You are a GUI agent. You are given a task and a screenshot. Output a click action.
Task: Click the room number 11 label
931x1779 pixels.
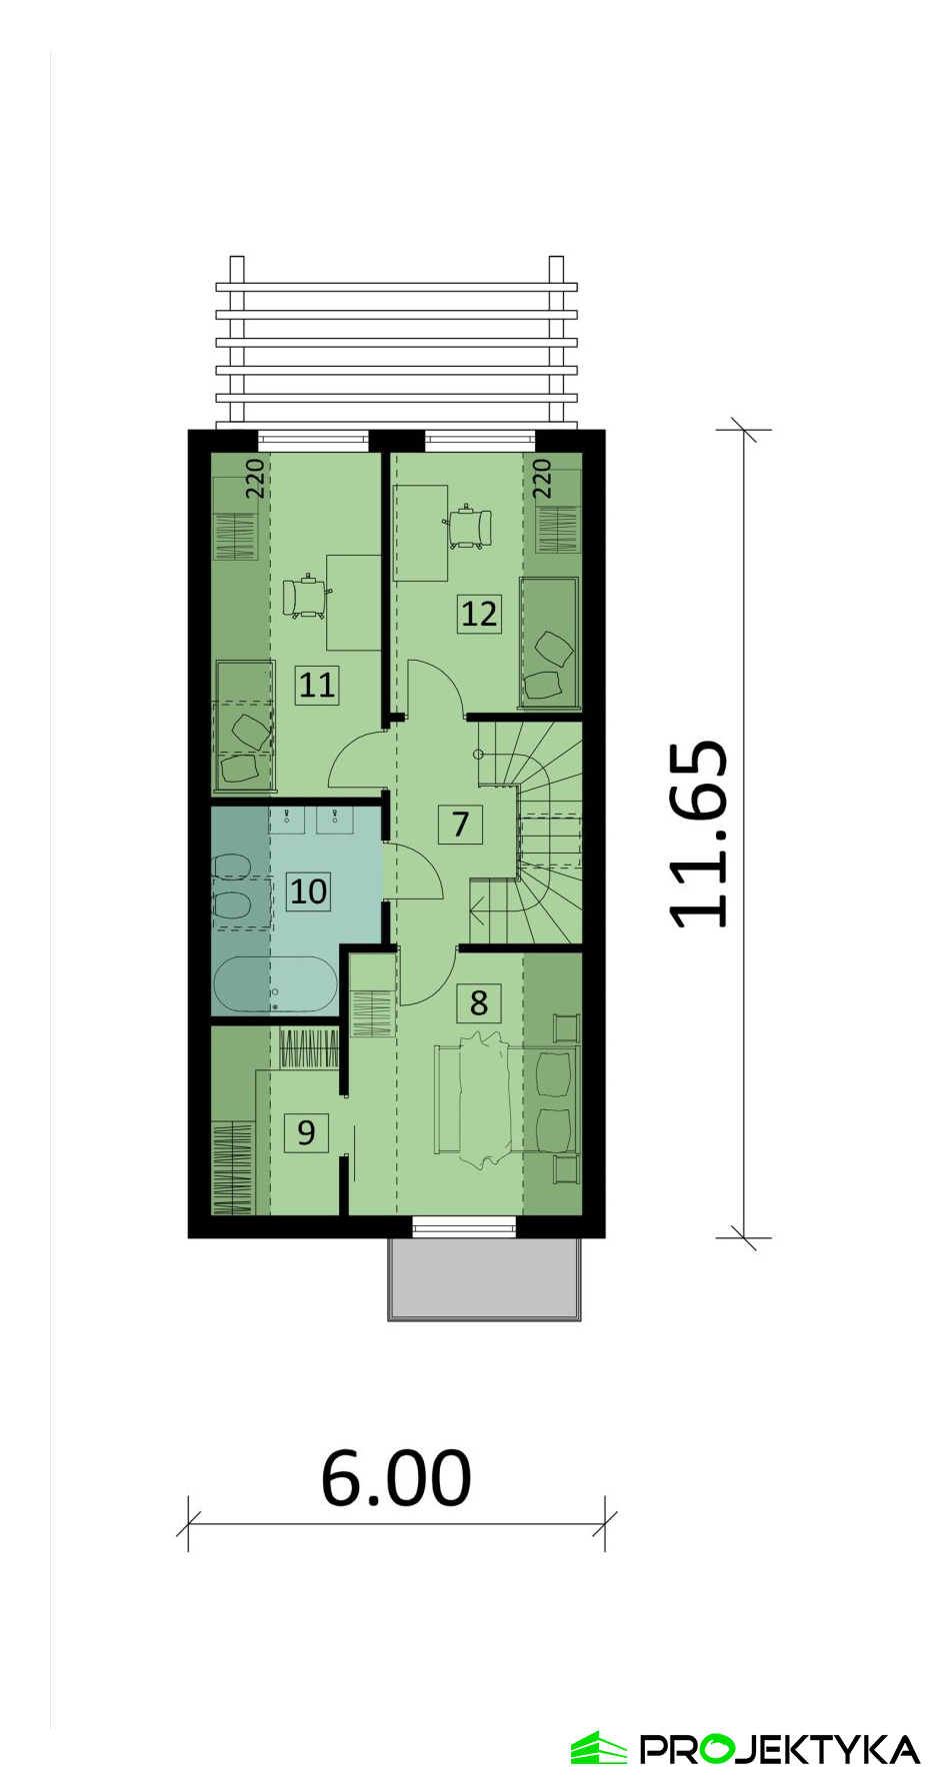(317, 685)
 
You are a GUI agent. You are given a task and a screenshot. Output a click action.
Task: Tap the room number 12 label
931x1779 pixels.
(479, 613)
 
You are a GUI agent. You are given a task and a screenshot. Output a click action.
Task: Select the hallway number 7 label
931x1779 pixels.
(460, 824)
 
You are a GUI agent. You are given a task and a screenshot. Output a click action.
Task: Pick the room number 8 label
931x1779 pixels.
(479, 1002)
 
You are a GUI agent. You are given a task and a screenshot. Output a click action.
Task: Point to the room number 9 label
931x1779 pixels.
(306, 1132)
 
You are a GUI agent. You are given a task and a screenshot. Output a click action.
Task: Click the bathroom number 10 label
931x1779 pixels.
(308, 890)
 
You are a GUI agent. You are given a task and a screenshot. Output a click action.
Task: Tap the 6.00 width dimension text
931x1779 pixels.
(396, 1478)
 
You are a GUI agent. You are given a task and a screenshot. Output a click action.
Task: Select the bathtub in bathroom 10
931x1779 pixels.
(275, 984)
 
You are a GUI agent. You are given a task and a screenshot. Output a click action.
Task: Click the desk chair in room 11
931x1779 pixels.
(306, 598)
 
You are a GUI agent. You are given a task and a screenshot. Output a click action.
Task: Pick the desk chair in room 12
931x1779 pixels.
(468, 528)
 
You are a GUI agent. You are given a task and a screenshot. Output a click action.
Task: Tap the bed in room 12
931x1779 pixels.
(550, 641)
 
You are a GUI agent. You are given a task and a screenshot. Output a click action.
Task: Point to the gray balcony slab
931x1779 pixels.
(485, 1279)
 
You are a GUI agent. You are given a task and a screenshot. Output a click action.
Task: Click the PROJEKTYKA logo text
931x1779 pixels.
(780, 1749)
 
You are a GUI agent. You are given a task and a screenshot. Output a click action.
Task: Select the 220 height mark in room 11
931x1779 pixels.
(256, 479)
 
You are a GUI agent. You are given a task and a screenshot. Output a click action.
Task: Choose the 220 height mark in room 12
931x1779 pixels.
(542, 479)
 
